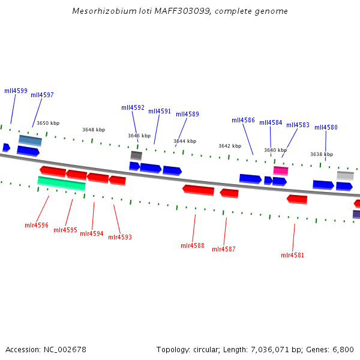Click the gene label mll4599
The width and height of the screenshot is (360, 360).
pos(16,91)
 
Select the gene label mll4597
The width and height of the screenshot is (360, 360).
pos(42,95)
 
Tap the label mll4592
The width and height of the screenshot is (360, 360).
pos(133,108)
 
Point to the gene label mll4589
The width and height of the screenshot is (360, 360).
pos(187,114)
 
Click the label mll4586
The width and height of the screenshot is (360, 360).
pos(243,120)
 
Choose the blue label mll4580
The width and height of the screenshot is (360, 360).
pos(326,127)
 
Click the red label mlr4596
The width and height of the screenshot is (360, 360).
pos(37,225)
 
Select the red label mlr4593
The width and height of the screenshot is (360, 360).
pos(120,237)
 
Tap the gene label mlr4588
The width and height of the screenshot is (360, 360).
pos(193,245)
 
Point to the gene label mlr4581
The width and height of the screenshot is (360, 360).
pos(293,255)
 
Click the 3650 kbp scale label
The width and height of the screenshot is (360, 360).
pos(48,123)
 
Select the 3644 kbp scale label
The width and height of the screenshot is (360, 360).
pos(185,141)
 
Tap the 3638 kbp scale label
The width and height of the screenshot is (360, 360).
pos(321,154)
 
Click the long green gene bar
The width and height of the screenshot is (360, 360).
pos(61,183)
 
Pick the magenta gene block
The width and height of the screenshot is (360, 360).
pos(281,170)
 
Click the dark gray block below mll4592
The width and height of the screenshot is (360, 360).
pos(136,155)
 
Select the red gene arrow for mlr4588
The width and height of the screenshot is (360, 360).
pos(198,190)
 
